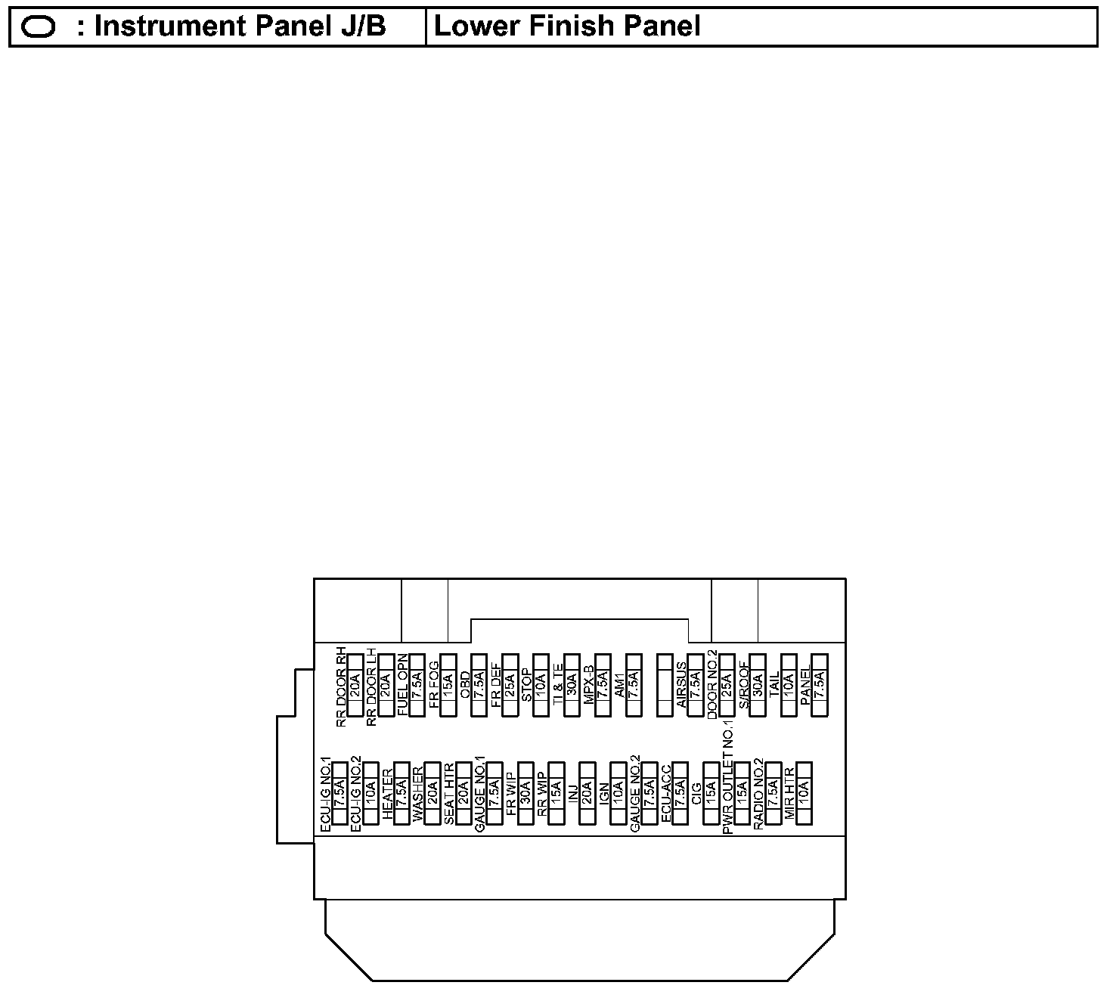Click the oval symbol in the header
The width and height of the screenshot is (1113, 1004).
click(38, 27)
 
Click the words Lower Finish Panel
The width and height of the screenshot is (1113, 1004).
click(567, 27)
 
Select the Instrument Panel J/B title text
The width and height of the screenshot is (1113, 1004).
click(240, 27)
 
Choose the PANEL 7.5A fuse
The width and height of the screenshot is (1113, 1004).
click(820, 685)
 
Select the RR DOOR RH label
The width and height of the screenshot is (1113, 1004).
click(341, 686)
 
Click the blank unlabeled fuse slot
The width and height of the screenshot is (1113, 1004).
click(665, 685)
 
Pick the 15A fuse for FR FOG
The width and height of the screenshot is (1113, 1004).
click(448, 685)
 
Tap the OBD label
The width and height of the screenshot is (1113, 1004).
click(465, 685)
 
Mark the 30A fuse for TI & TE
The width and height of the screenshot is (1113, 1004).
click(572, 685)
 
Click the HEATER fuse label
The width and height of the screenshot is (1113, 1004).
click(388, 794)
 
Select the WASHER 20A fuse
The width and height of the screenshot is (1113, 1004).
click(432, 792)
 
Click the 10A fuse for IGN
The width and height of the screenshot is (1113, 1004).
click(618, 792)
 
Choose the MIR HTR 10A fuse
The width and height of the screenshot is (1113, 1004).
click(805, 792)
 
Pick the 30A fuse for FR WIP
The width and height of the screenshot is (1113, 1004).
click(525, 792)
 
